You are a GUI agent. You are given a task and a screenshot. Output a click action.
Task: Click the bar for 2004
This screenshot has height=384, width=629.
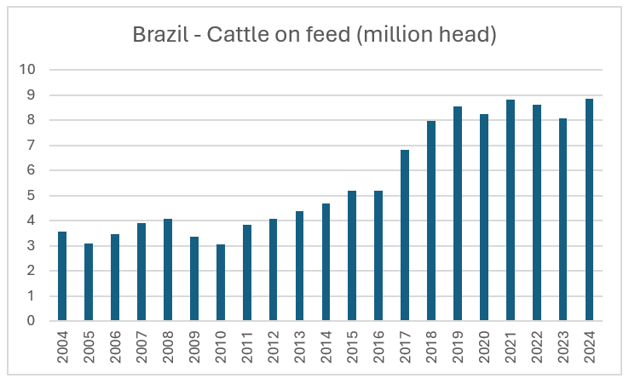pos(62,277)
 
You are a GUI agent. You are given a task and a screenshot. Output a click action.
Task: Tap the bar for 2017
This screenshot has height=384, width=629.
pos(405,236)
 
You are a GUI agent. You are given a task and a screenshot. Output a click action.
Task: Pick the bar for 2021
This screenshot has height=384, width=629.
pos(511,210)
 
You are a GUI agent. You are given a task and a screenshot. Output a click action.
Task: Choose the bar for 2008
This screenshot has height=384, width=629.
pos(168,270)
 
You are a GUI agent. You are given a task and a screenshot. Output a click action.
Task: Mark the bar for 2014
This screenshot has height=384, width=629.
pos(326,262)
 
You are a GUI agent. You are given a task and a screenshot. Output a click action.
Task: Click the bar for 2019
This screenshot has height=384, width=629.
pos(458,214)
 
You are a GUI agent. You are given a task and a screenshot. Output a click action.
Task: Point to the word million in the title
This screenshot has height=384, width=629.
pos(395,36)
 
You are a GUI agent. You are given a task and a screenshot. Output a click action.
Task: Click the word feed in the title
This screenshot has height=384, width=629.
pos(320,36)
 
